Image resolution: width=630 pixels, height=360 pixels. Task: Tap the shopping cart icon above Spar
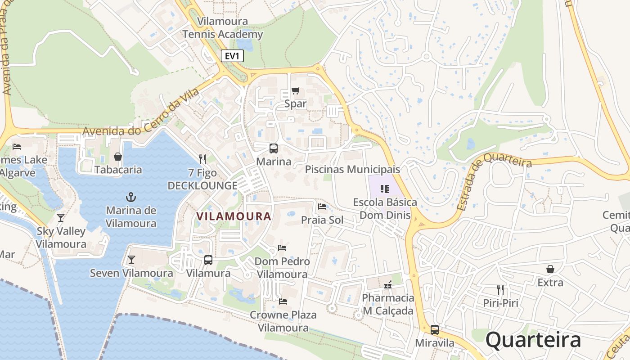(x=295, y=91)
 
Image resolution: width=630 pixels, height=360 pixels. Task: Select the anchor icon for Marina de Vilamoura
(x=131, y=197)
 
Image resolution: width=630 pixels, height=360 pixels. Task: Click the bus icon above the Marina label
(x=273, y=148)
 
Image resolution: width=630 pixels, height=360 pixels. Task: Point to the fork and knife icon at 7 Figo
(x=202, y=159)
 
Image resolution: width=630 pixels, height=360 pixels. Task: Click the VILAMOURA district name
(x=234, y=216)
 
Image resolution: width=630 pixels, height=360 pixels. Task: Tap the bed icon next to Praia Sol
(x=322, y=207)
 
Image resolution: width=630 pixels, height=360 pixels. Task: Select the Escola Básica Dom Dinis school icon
(x=384, y=189)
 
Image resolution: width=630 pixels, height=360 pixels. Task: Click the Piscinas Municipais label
(x=352, y=170)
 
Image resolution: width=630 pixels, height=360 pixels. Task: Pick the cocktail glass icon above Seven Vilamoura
(x=131, y=260)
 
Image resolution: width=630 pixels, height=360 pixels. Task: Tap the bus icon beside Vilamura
(x=208, y=260)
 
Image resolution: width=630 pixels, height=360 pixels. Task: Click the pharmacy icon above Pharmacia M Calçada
(x=388, y=284)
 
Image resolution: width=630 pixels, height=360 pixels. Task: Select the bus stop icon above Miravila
(x=434, y=329)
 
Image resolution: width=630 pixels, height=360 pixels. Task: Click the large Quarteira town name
(x=533, y=340)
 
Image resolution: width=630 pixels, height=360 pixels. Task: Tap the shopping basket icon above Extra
(x=550, y=269)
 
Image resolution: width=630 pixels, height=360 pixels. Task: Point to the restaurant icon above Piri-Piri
(x=500, y=289)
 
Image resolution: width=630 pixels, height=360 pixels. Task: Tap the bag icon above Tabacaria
(x=118, y=157)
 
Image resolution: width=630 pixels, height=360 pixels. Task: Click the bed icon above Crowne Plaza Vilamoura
(x=283, y=301)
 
